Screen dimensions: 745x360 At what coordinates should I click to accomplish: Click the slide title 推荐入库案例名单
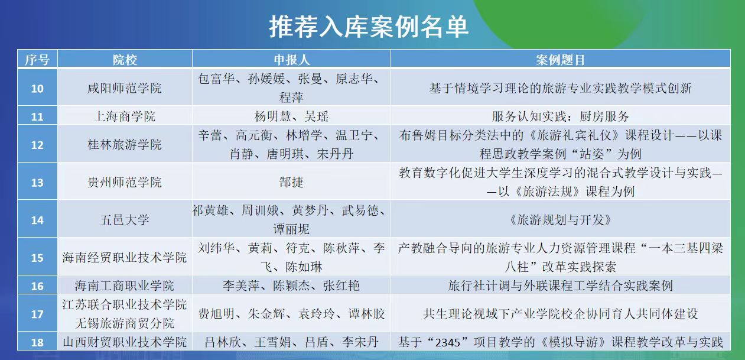(369, 27)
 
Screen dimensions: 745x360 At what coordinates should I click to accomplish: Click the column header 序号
(37, 60)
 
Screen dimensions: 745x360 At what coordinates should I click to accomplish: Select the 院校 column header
(125, 60)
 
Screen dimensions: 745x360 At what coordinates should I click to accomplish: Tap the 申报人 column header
(292, 60)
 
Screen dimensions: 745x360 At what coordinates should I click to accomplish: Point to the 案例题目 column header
(561, 60)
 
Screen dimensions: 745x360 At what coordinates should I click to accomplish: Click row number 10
(37, 89)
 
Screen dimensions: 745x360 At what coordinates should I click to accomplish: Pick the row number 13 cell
(37, 183)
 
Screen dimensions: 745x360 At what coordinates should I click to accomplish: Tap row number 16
(37, 286)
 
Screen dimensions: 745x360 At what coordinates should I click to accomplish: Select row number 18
(37, 342)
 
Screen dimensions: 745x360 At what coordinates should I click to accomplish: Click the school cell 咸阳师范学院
(125, 88)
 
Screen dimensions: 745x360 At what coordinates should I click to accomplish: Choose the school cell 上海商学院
(125, 116)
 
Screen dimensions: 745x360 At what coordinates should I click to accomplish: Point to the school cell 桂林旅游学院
(125, 144)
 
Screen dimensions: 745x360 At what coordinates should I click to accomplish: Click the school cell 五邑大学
(125, 219)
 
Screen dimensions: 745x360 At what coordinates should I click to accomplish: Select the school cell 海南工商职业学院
(125, 286)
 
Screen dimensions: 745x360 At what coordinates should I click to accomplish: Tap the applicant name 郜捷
(291, 182)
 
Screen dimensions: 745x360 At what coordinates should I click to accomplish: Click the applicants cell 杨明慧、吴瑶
(291, 116)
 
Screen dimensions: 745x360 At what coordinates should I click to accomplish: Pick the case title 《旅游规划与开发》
(561, 219)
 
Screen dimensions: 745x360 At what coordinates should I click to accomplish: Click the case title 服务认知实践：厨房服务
(561, 116)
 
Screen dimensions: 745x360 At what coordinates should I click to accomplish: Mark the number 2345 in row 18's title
(447, 342)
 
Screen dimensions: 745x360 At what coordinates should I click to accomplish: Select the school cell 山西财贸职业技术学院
(125, 342)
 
